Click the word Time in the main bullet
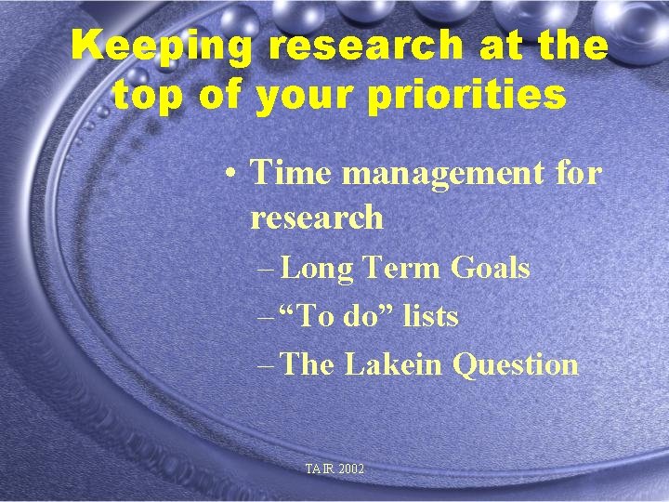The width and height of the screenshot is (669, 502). (x=290, y=172)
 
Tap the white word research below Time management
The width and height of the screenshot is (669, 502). (x=317, y=218)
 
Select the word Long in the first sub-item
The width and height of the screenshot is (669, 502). (x=316, y=270)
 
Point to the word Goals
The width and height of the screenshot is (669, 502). (x=490, y=270)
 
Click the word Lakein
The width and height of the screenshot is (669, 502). (x=393, y=364)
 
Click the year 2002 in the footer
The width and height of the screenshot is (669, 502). (x=352, y=469)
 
